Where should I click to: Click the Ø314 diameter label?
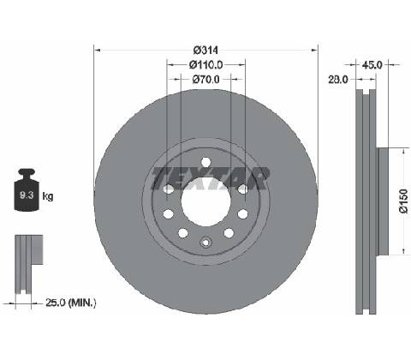tap(205, 51)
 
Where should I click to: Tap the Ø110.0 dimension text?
tap(205, 65)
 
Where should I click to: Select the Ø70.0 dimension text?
tap(205, 79)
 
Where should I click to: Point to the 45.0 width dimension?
tap(372, 65)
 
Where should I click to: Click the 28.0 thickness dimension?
tap(338, 80)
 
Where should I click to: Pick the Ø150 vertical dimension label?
tap(403, 201)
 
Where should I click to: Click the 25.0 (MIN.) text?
tap(71, 303)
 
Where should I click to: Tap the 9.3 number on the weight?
tap(27, 195)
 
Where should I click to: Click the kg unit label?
tap(48, 196)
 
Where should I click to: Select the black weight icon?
tap(27, 190)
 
